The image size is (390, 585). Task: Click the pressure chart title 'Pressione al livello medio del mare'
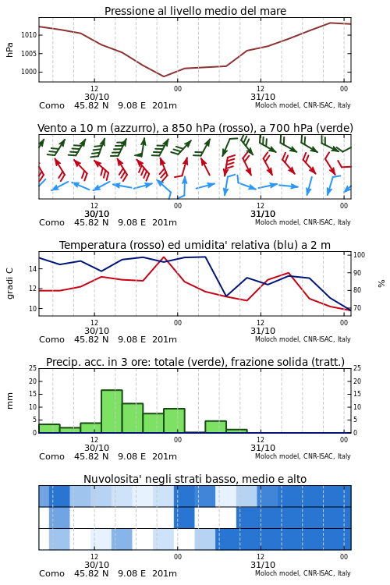195,11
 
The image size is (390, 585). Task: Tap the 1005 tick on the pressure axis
29,54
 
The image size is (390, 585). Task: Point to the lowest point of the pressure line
164,76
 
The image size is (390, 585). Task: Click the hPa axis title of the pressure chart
9,50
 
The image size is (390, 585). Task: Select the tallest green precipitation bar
112,411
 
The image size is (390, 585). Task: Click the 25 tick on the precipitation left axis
33,368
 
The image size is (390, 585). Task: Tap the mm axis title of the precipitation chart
9,401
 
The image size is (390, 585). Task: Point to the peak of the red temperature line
164,257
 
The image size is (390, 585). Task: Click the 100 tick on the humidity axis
359,255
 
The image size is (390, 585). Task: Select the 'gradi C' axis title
9,283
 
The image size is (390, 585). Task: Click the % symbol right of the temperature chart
381,284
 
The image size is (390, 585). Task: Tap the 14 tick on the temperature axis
33,269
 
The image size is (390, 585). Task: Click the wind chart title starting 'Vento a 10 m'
195,129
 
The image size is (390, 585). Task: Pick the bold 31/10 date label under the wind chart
263,214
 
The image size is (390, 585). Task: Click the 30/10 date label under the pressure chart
97,97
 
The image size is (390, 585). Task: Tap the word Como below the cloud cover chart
51,573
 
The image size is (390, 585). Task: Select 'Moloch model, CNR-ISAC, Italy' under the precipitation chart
303,456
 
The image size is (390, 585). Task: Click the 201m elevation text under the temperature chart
165,339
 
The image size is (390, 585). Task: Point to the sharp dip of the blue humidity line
225,296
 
